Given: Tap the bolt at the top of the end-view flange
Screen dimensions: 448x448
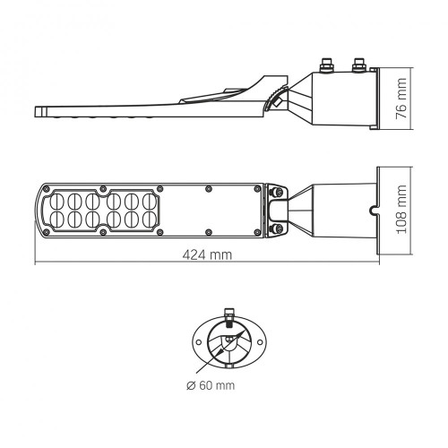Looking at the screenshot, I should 228,315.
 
